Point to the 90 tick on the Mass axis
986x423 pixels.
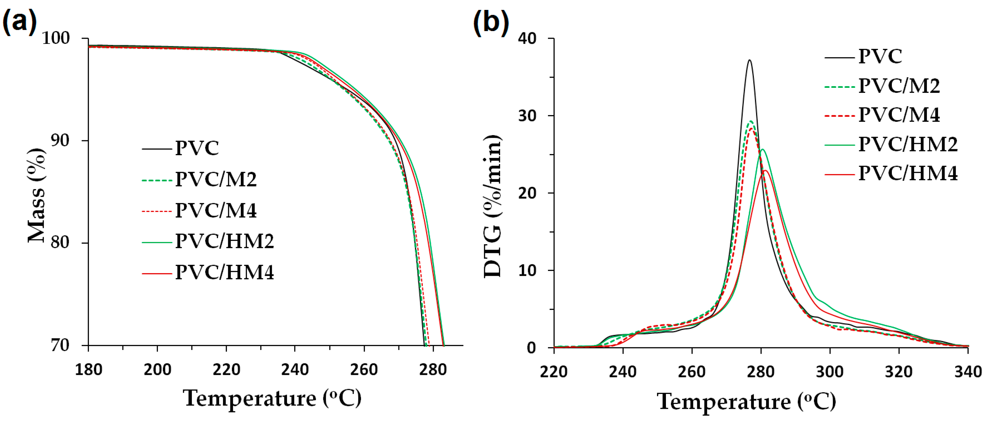point(60,140)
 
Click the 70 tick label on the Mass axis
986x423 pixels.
point(60,345)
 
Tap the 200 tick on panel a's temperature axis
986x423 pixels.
point(157,370)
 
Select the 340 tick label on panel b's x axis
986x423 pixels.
point(968,372)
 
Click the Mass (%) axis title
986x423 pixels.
point(37,195)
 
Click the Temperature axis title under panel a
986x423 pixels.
point(272,398)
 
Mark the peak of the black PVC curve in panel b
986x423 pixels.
point(749,60)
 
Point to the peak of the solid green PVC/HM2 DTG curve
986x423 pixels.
point(762,149)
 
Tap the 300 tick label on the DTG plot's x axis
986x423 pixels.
point(829,372)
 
